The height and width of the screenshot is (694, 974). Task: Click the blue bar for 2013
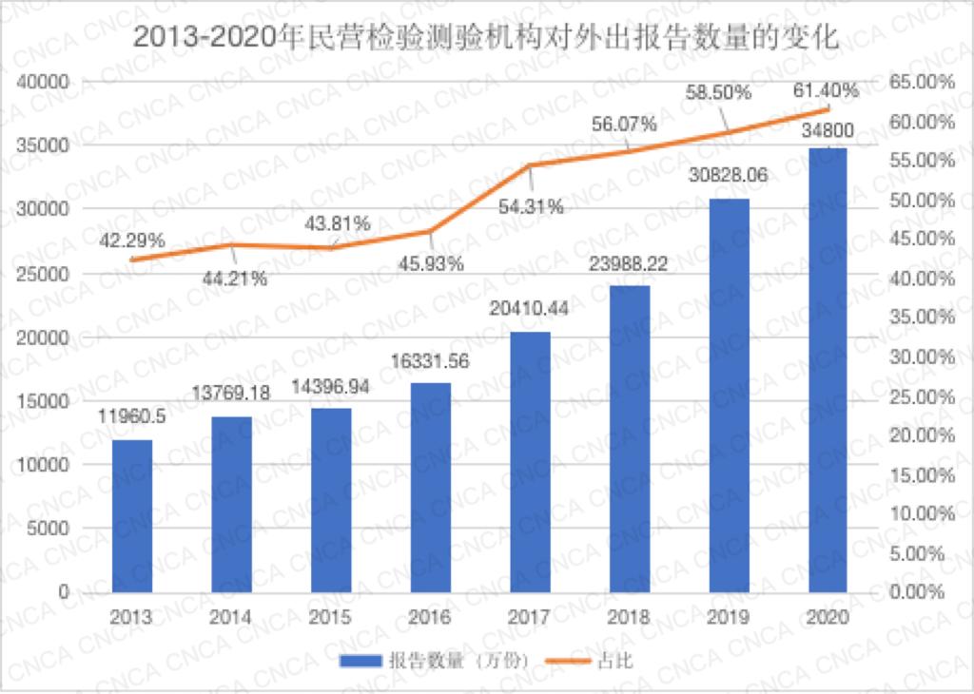click(x=132, y=515)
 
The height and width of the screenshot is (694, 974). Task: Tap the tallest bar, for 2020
click(x=827, y=370)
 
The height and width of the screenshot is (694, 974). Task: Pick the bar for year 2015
click(x=331, y=499)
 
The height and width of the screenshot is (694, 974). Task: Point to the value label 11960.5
click(x=132, y=416)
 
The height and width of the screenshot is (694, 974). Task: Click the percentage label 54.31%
click(x=531, y=206)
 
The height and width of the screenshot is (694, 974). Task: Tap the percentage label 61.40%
click(x=826, y=91)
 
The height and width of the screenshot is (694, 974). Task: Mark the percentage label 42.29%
click(x=132, y=241)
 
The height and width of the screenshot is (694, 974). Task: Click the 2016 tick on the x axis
click(x=430, y=617)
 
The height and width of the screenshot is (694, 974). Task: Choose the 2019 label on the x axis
click(x=728, y=617)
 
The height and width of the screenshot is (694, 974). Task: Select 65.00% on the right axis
click(x=920, y=83)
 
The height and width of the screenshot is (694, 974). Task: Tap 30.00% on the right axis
click(x=920, y=357)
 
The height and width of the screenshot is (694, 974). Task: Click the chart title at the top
click(x=486, y=39)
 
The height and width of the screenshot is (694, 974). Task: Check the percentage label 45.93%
click(x=431, y=263)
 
